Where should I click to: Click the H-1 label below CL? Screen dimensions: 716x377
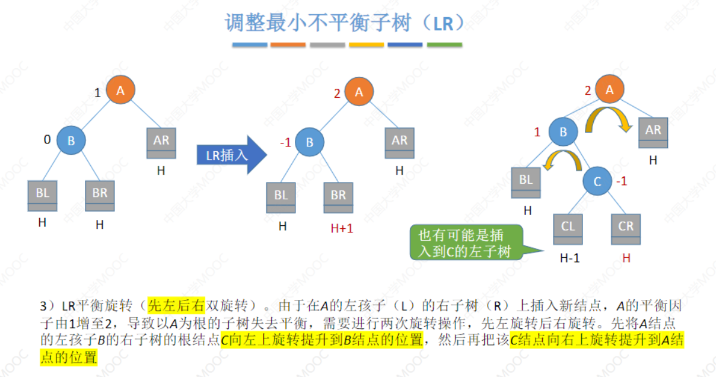tap(570, 258)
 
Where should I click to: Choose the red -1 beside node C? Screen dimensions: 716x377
tap(621, 181)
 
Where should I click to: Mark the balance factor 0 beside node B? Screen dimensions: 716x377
tap(47, 140)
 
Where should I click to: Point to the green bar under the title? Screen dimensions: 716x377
tap(444, 44)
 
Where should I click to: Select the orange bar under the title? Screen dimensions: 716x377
tap(288, 44)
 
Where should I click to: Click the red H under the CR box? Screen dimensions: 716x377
tap(626, 258)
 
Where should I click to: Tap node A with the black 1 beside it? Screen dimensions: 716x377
tap(120, 91)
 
